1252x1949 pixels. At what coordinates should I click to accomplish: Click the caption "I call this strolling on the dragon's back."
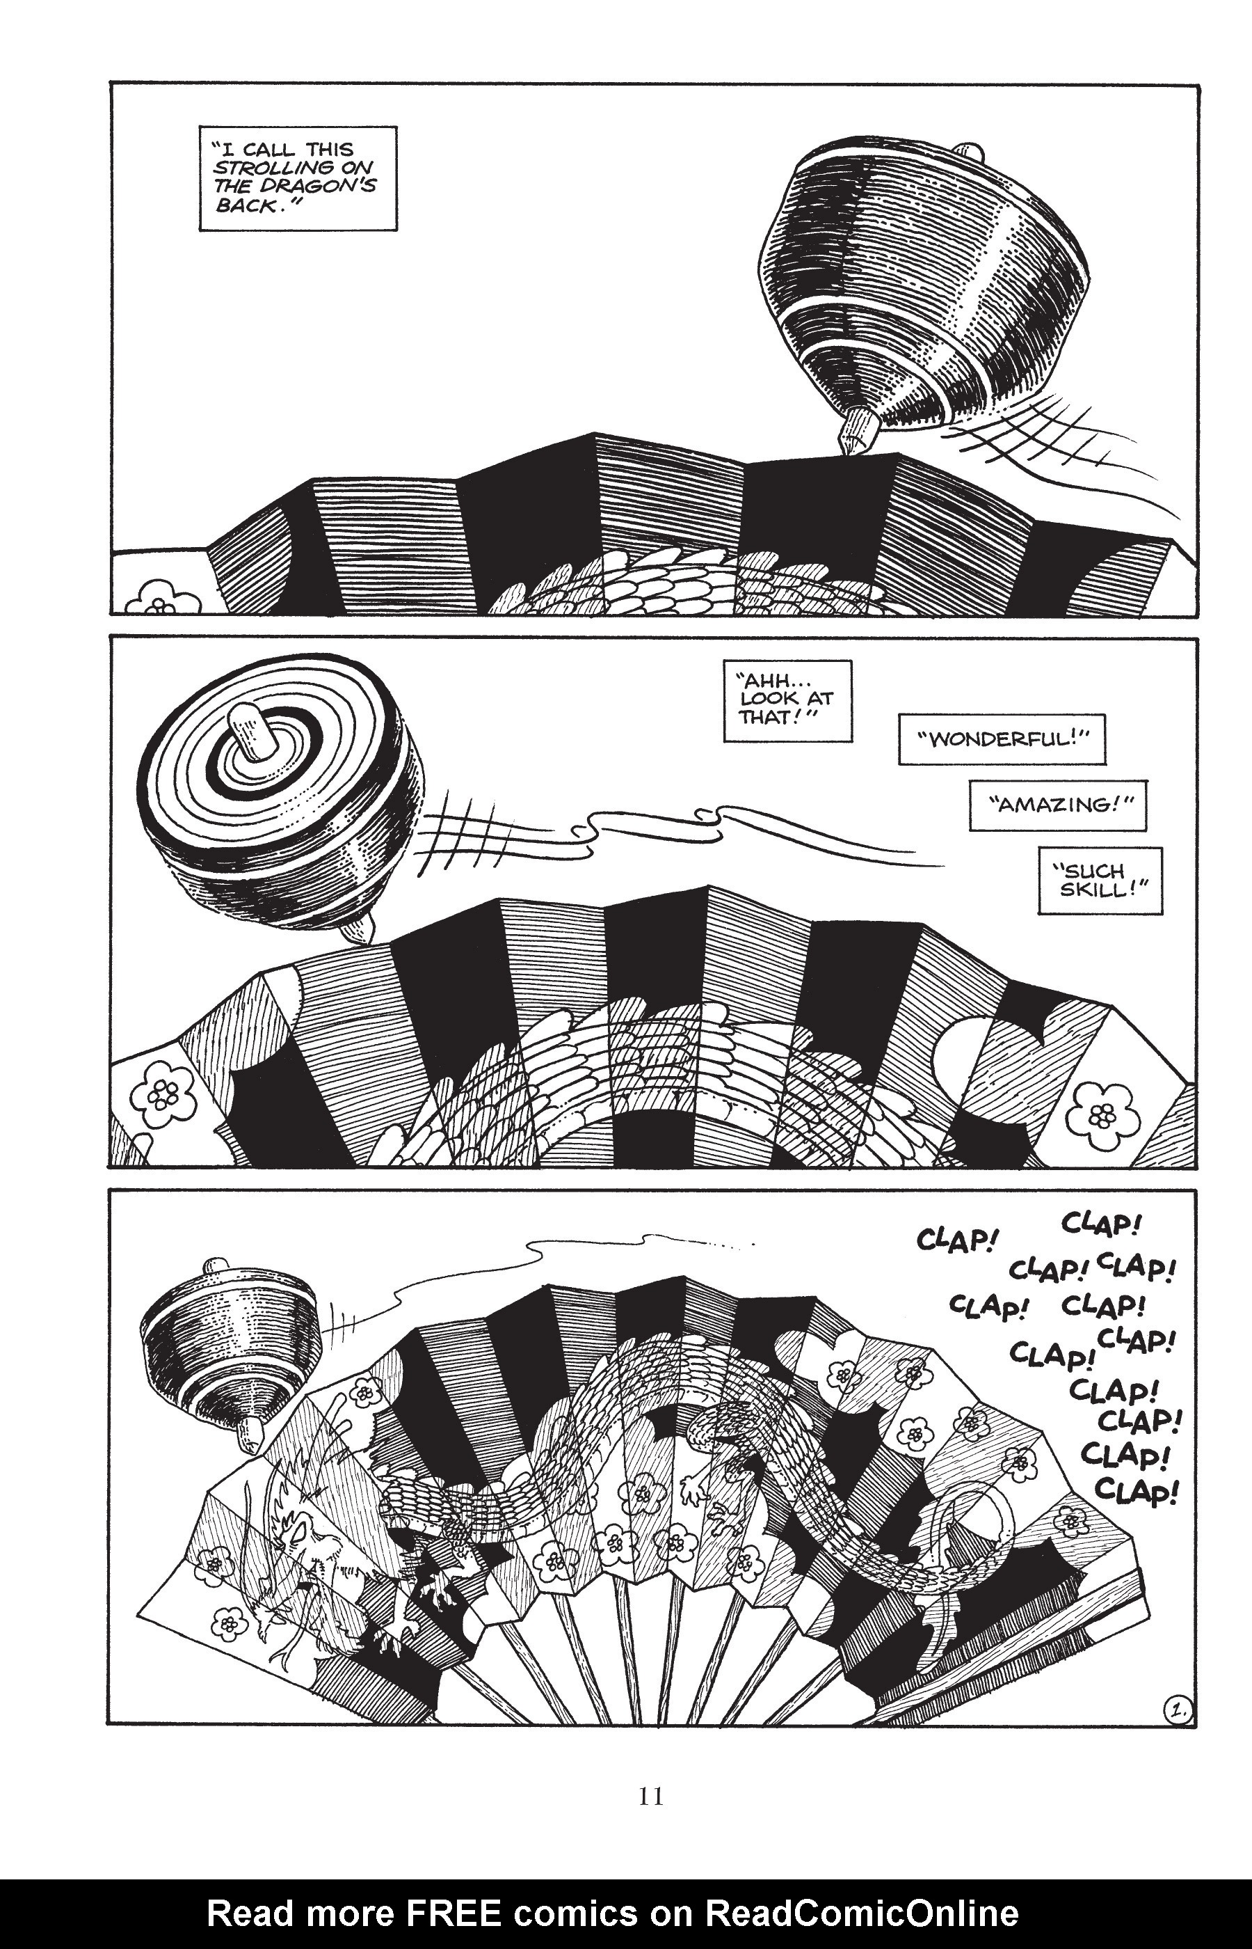tap(298, 178)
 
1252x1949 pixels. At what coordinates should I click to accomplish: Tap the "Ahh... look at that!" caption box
tap(787, 700)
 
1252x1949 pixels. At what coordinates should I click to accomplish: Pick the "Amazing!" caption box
tap(1057, 805)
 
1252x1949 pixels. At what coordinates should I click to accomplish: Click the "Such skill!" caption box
tap(1100, 880)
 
